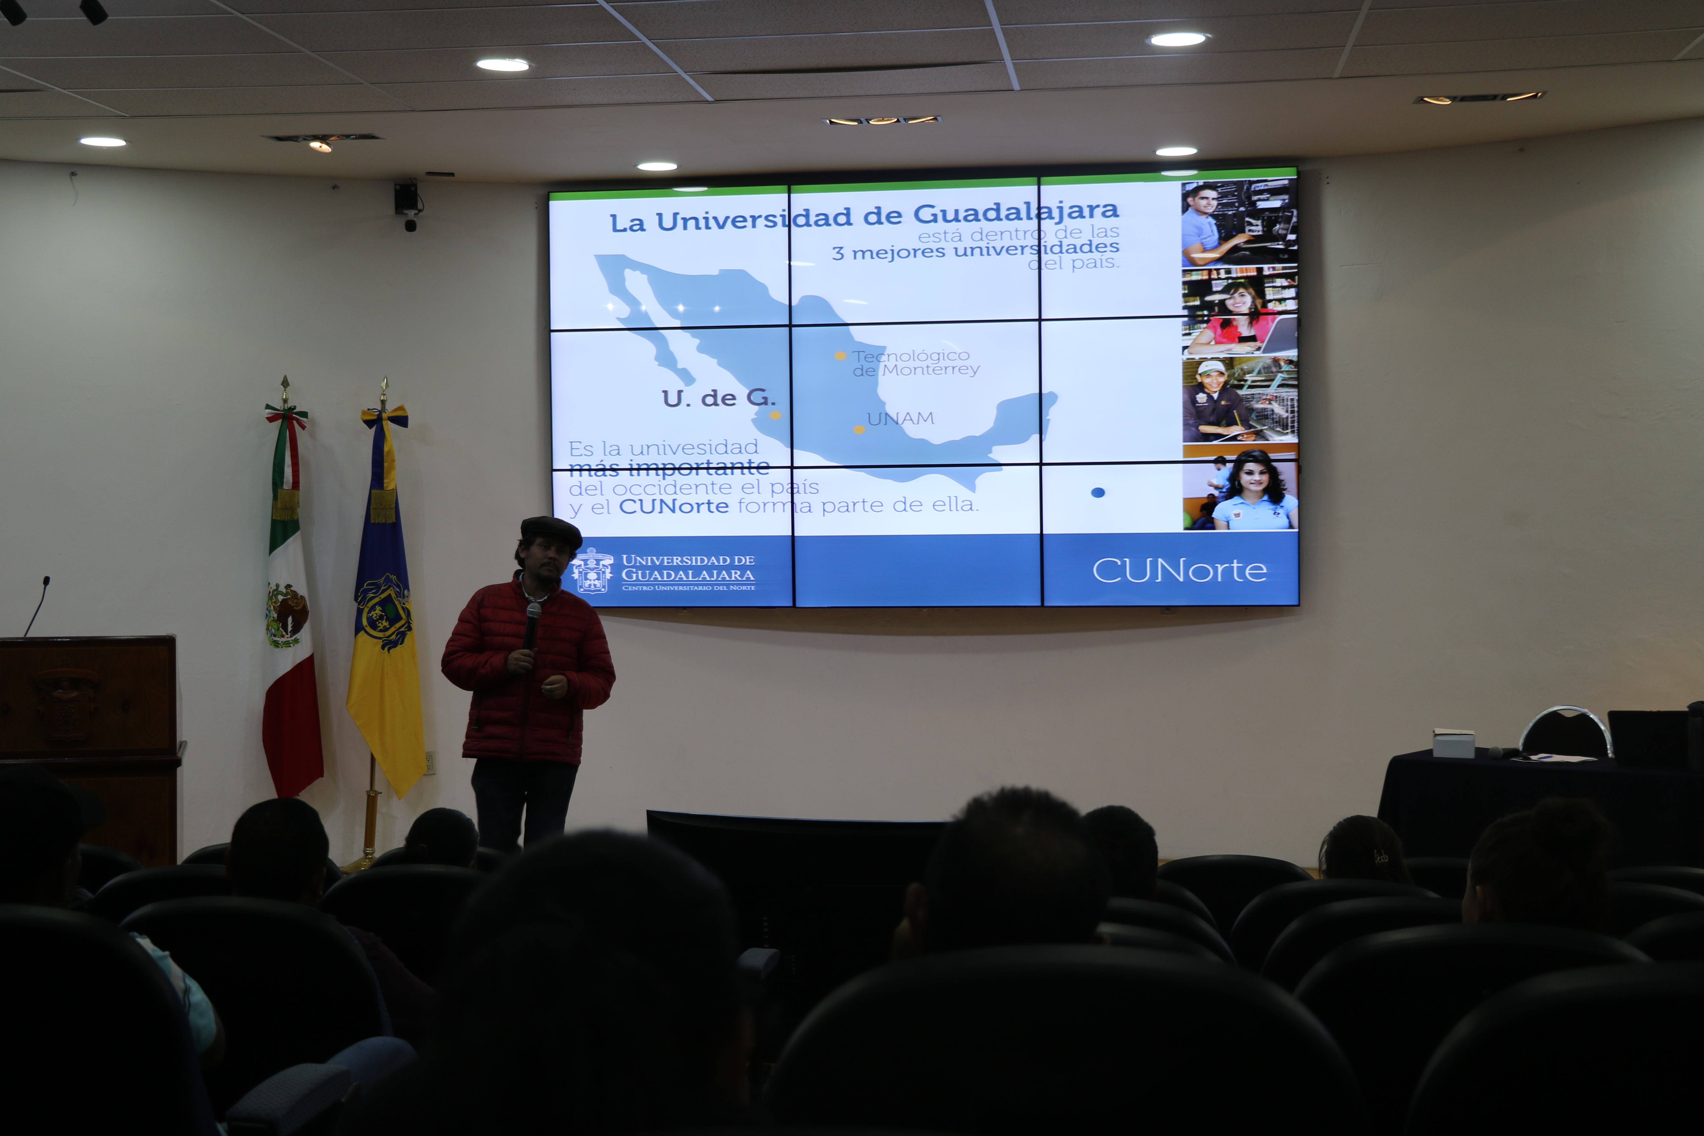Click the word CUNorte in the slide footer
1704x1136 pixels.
click(x=1180, y=571)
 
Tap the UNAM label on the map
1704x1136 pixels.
click(x=901, y=418)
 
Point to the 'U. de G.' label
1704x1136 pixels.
click(x=718, y=398)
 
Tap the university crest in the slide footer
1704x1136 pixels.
click(x=593, y=571)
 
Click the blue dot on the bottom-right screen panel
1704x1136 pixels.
click(x=1098, y=493)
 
